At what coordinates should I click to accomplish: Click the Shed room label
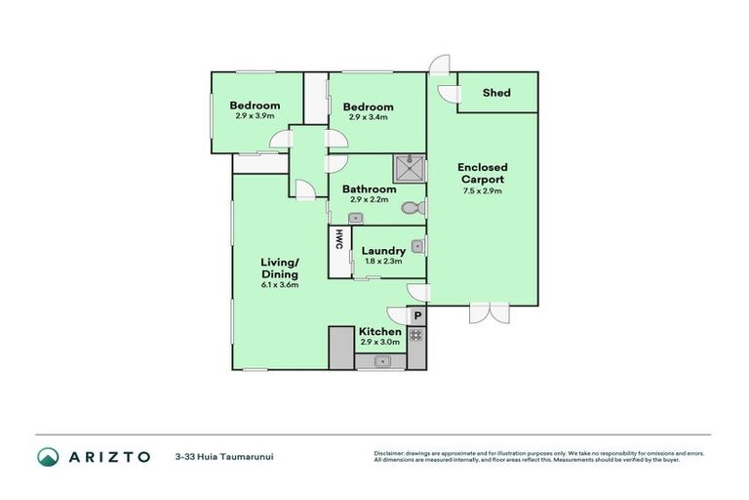tap(496, 93)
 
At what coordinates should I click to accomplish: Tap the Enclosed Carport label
tap(483, 174)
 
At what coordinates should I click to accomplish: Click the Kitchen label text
tap(380, 332)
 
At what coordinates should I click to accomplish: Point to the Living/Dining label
tap(280, 268)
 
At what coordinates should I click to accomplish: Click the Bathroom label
tap(369, 188)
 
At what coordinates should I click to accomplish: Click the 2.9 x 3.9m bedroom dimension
tap(255, 116)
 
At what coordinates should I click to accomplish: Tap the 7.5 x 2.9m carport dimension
tap(483, 191)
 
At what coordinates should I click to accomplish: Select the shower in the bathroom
tap(410, 168)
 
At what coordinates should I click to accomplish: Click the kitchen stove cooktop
tap(416, 335)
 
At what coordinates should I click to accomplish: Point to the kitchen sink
tap(381, 362)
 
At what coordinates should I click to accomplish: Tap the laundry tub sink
tap(416, 246)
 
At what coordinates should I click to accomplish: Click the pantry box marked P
tap(416, 315)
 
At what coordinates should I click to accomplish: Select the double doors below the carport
tap(489, 313)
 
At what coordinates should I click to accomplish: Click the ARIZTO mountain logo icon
tap(48, 456)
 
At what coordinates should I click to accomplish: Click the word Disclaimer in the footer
tap(388, 453)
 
